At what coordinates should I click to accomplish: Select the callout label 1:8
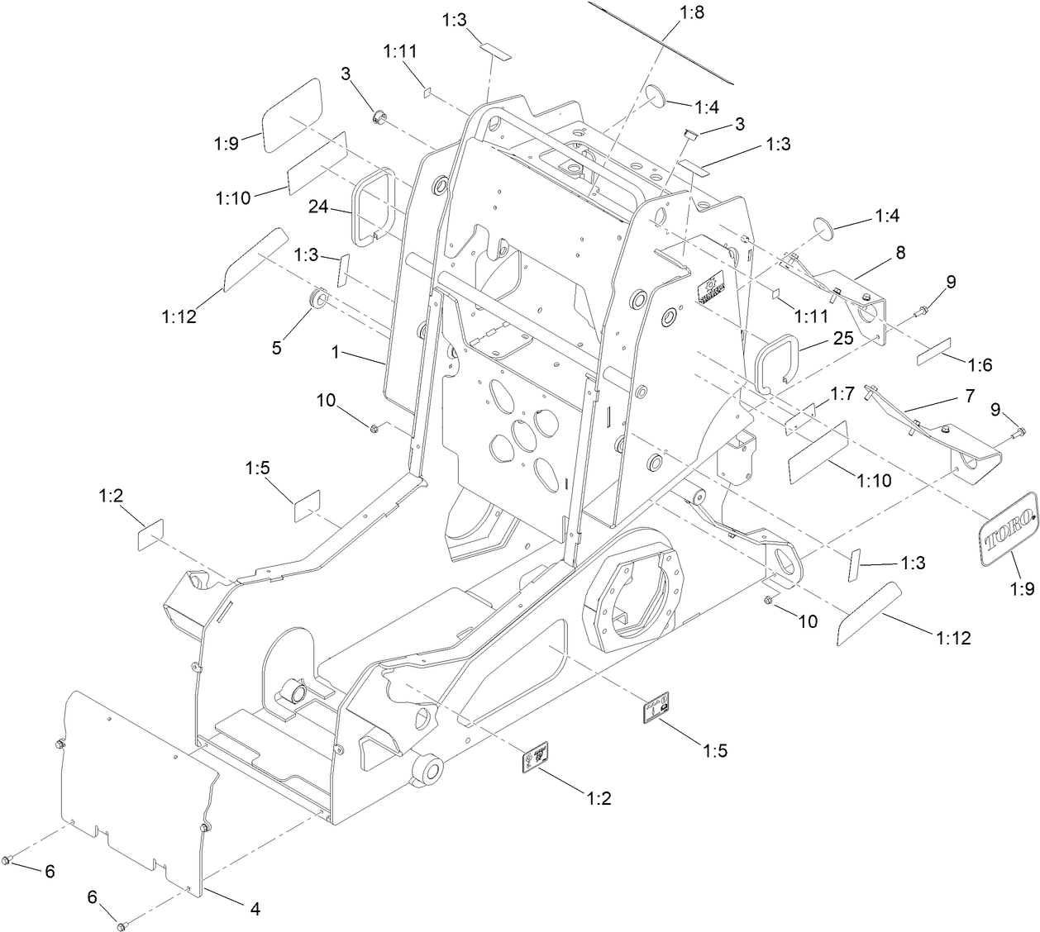click(692, 12)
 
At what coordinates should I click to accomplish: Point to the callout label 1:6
click(979, 364)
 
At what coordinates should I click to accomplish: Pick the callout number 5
click(276, 348)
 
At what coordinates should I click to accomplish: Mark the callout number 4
click(255, 909)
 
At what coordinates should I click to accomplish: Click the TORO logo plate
click(1009, 529)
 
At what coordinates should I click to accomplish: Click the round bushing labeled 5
click(319, 298)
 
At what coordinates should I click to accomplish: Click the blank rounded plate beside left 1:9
click(291, 116)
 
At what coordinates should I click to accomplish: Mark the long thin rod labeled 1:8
click(670, 41)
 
